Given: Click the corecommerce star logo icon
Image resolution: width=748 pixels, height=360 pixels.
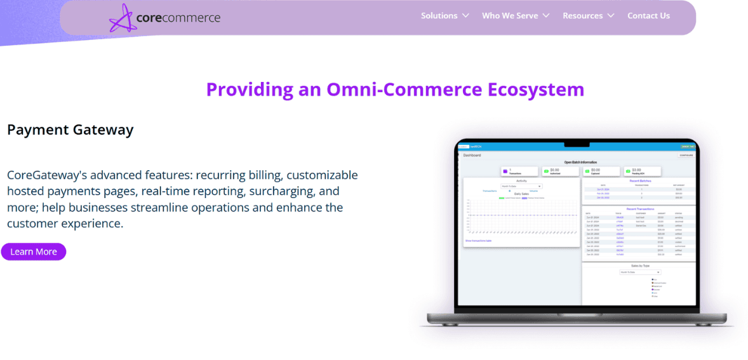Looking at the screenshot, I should click(123, 18).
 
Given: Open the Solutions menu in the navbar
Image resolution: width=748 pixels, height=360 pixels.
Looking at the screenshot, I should click(439, 16).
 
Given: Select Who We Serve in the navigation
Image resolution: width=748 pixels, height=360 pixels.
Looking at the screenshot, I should click(510, 16).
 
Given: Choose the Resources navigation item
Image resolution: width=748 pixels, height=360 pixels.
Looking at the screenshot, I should click(582, 16).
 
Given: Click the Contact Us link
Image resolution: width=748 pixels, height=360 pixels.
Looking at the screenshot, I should click(648, 16).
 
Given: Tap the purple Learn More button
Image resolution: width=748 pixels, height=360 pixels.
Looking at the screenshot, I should click(34, 252).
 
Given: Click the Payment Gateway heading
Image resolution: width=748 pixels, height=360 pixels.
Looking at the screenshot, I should click(70, 130).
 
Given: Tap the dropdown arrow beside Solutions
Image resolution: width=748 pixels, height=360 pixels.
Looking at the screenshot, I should click(465, 16).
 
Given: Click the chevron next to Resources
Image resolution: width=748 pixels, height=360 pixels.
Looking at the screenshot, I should click(611, 16).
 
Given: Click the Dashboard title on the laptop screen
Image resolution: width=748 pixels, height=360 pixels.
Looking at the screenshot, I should click(472, 155).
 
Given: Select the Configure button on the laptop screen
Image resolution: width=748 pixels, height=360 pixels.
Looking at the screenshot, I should click(686, 155).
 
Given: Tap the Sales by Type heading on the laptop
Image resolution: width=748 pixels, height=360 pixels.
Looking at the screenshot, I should click(639, 265).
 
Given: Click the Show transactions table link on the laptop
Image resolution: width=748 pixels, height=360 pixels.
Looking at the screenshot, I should click(478, 241).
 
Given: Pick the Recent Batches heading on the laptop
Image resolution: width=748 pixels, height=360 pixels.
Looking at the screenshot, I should click(639, 181).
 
